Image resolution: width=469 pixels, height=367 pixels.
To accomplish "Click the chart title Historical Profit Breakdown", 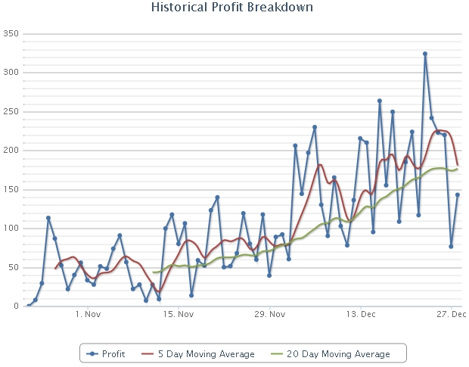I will pos(232,8).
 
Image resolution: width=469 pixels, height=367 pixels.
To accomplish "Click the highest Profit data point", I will pos(425,54).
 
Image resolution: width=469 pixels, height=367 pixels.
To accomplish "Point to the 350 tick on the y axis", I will pos(11,34).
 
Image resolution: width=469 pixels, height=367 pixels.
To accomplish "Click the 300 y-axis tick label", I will pos(11,73).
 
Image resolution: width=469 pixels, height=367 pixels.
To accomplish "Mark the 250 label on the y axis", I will pos(11,112).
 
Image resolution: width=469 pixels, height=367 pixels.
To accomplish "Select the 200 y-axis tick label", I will pos(11,151).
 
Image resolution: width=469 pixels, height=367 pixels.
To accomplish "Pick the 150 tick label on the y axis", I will pos(11,190).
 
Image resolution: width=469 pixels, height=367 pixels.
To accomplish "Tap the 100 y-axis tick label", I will pos(11,229).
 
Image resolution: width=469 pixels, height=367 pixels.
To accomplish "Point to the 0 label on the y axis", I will pos(16,306).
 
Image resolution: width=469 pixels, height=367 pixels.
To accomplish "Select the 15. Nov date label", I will pos(179,314).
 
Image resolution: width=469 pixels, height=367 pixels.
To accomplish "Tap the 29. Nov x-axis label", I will pos(270,314).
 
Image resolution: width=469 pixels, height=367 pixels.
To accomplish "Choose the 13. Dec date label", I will pos(361,314).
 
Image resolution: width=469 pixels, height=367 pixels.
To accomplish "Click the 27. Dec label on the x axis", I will pos(451,314).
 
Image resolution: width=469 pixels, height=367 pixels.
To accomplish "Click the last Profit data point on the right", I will pos(458,195).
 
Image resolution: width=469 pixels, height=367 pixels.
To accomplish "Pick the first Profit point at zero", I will pos(29,306).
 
